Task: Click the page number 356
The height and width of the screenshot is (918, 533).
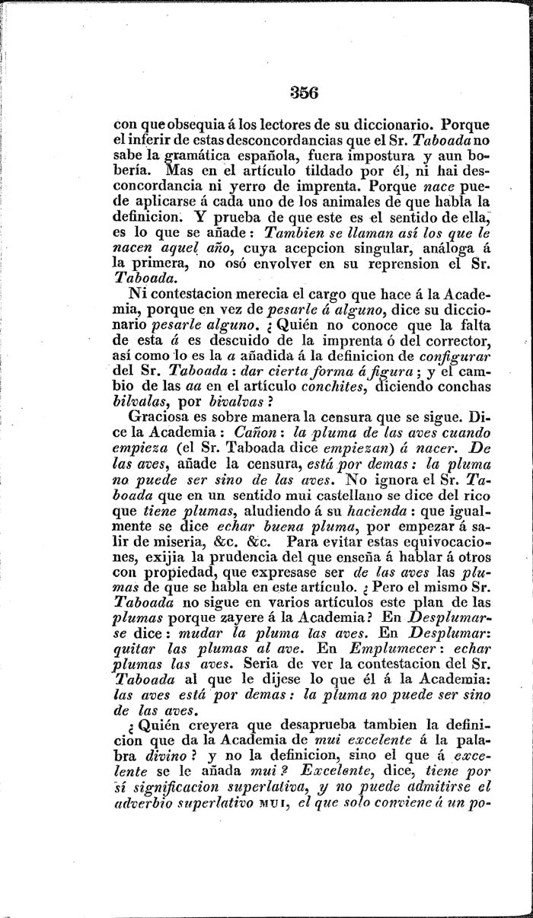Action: click(282, 93)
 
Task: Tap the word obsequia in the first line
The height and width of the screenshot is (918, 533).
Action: click(177, 124)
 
